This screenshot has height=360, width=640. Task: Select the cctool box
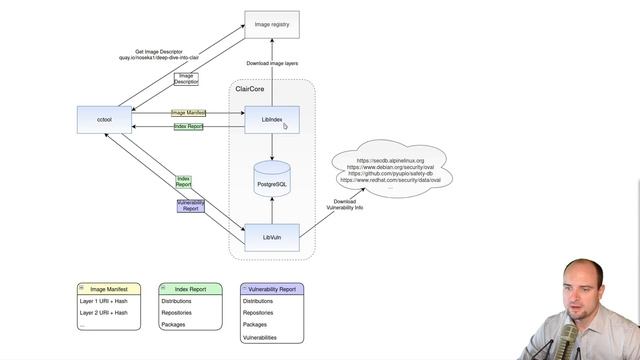(103, 120)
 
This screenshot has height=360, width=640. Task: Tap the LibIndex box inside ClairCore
(272, 120)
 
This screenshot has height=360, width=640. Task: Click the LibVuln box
(272, 237)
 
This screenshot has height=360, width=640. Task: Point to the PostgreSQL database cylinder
(272, 180)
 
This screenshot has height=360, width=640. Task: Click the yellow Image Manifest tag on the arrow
(189, 113)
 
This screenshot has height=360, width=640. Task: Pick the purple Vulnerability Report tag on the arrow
(191, 205)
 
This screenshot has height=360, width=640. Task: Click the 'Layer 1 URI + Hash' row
(103, 300)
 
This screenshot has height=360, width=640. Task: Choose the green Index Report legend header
(191, 288)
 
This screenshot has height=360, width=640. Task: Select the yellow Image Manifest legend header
(109, 288)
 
